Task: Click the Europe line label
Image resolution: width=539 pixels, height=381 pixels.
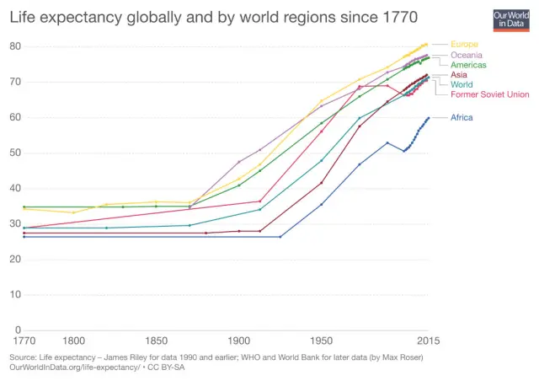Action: pyautogui.click(x=464, y=44)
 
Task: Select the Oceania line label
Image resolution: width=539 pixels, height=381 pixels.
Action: pyautogui.click(x=467, y=55)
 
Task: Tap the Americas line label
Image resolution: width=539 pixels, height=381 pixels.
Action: pyautogui.click(x=468, y=65)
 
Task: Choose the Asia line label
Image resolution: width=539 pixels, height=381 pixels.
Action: pyautogui.click(x=459, y=75)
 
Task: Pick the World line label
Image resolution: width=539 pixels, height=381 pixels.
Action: pyautogui.click(x=462, y=84)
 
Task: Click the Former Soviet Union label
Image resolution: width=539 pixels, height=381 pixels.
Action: pyautogui.click(x=490, y=94)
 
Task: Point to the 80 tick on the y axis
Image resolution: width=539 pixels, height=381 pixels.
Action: pyautogui.click(x=14, y=46)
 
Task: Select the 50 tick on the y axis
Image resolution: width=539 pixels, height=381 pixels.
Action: pyautogui.click(x=14, y=153)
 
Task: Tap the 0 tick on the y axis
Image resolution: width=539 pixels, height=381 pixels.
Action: pyautogui.click(x=18, y=330)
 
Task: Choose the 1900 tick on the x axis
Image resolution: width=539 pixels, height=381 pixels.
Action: pyautogui.click(x=239, y=341)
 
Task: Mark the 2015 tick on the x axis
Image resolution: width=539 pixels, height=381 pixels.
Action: pyautogui.click(x=429, y=341)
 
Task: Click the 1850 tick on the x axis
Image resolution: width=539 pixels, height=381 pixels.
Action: pyautogui.click(x=156, y=341)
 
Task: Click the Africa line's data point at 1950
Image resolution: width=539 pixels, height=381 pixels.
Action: pyautogui.click(x=322, y=204)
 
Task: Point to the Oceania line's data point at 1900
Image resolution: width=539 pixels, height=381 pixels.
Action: pyautogui.click(x=239, y=162)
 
